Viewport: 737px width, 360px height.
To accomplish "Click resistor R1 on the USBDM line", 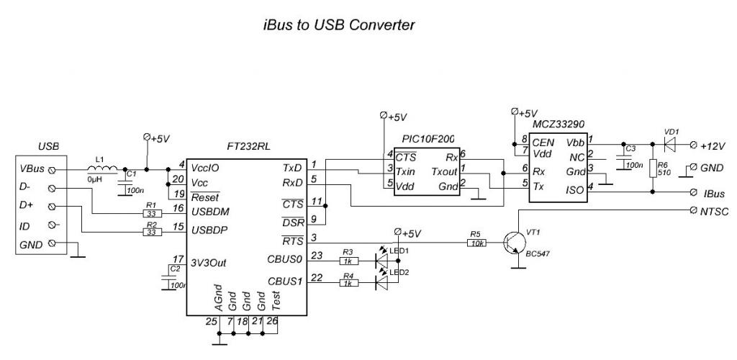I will click(x=152, y=213).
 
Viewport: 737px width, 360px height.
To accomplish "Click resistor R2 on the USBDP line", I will click(x=152, y=233).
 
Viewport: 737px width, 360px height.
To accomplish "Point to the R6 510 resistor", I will click(x=653, y=168).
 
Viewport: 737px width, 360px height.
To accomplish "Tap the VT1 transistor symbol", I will click(x=516, y=243).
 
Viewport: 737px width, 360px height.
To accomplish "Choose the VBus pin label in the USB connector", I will click(x=32, y=170).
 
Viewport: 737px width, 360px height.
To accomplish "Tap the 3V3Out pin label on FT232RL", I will click(x=209, y=263).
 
